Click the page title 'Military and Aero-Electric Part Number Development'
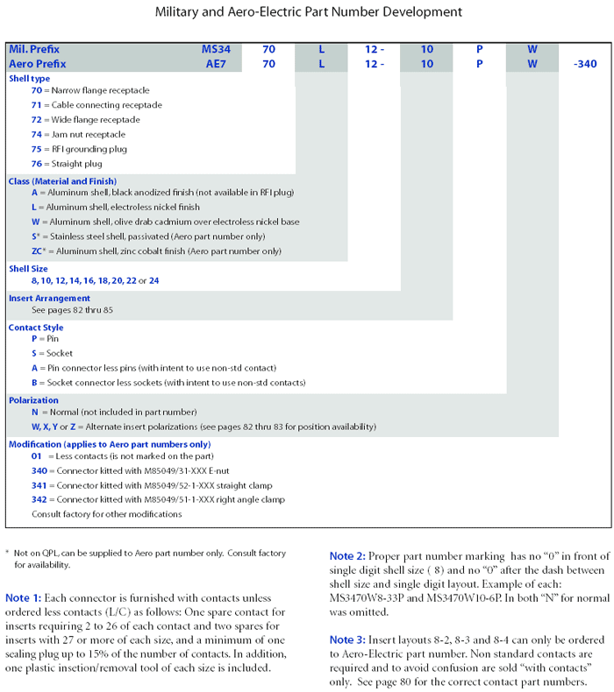[308, 12]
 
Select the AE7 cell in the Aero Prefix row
[216, 64]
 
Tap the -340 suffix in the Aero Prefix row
[583, 64]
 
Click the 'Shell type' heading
[30, 78]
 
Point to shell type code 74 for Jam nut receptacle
[36, 135]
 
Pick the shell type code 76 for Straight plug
[36, 164]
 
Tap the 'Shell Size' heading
[30, 268]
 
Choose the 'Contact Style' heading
[36, 328]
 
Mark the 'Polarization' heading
[33, 399]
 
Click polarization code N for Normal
[34, 412]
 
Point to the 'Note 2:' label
[346, 556]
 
